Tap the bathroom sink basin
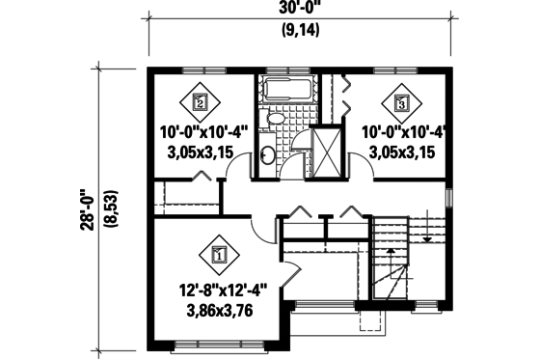[267, 154]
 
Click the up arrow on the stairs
[390, 254]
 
